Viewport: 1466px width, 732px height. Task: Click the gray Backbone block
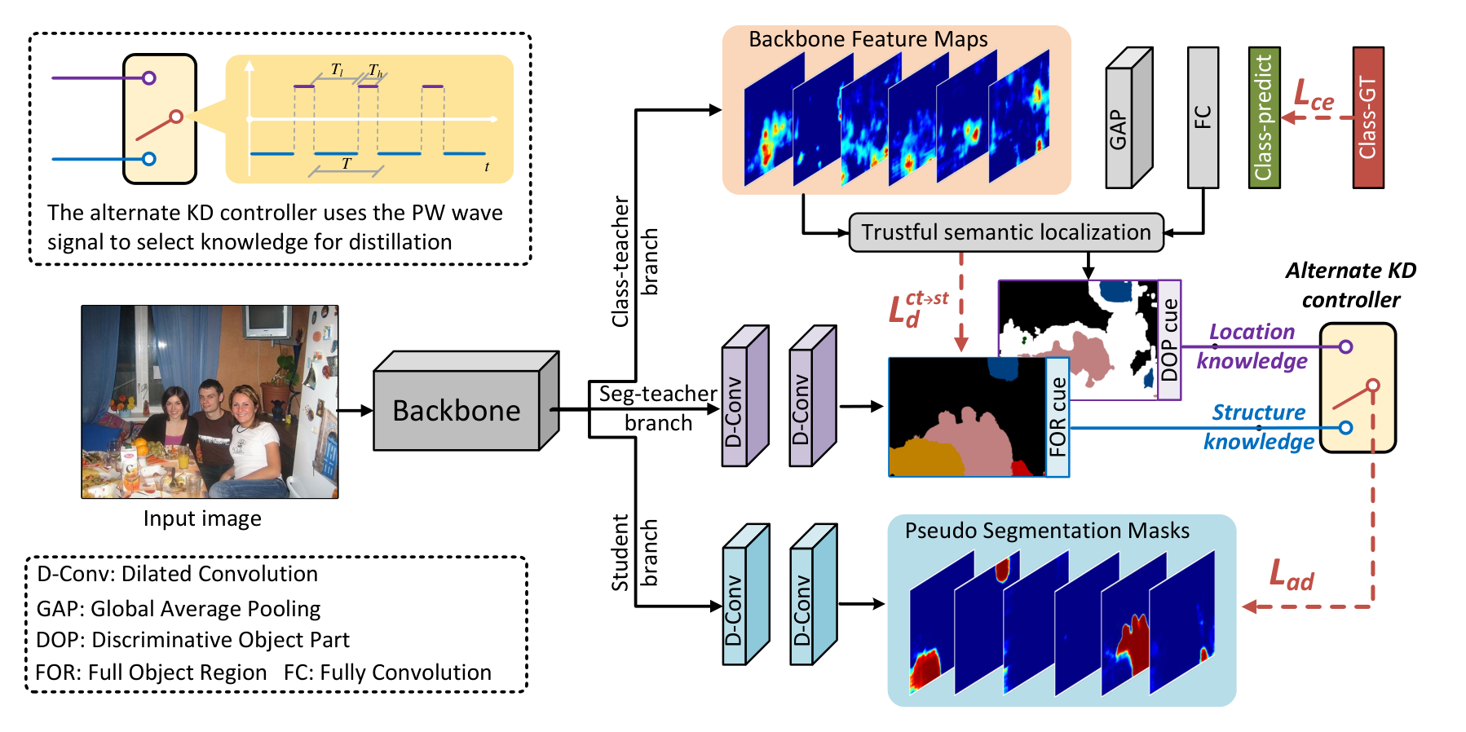point(466,401)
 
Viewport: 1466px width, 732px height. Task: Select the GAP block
point(1128,118)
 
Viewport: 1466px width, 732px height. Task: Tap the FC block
point(1203,117)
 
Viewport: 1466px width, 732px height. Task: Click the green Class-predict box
point(1265,117)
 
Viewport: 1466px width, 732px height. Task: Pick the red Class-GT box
point(1368,117)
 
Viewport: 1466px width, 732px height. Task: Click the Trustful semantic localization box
point(1006,232)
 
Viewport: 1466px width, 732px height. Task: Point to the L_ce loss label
point(1314,95)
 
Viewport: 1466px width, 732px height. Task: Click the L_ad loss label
point(1292,575)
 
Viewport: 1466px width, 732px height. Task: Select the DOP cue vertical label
point(1169,340)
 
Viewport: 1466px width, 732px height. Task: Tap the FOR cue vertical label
point(1058,417)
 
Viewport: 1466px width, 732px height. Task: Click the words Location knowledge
point(1252,346)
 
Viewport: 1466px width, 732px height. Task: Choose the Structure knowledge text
point(1259,426)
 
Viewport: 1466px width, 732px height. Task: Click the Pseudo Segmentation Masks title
point(1047,531)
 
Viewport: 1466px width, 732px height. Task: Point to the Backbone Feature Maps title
point(868,39)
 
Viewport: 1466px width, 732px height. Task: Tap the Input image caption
point(202,518)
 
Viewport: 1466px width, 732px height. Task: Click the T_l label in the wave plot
point(337,70)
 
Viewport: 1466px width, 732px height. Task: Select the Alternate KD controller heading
point(1351,285)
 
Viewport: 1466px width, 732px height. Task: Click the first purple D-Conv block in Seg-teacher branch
point(745,396)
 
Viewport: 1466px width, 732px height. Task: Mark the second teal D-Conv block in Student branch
point(814,594)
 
